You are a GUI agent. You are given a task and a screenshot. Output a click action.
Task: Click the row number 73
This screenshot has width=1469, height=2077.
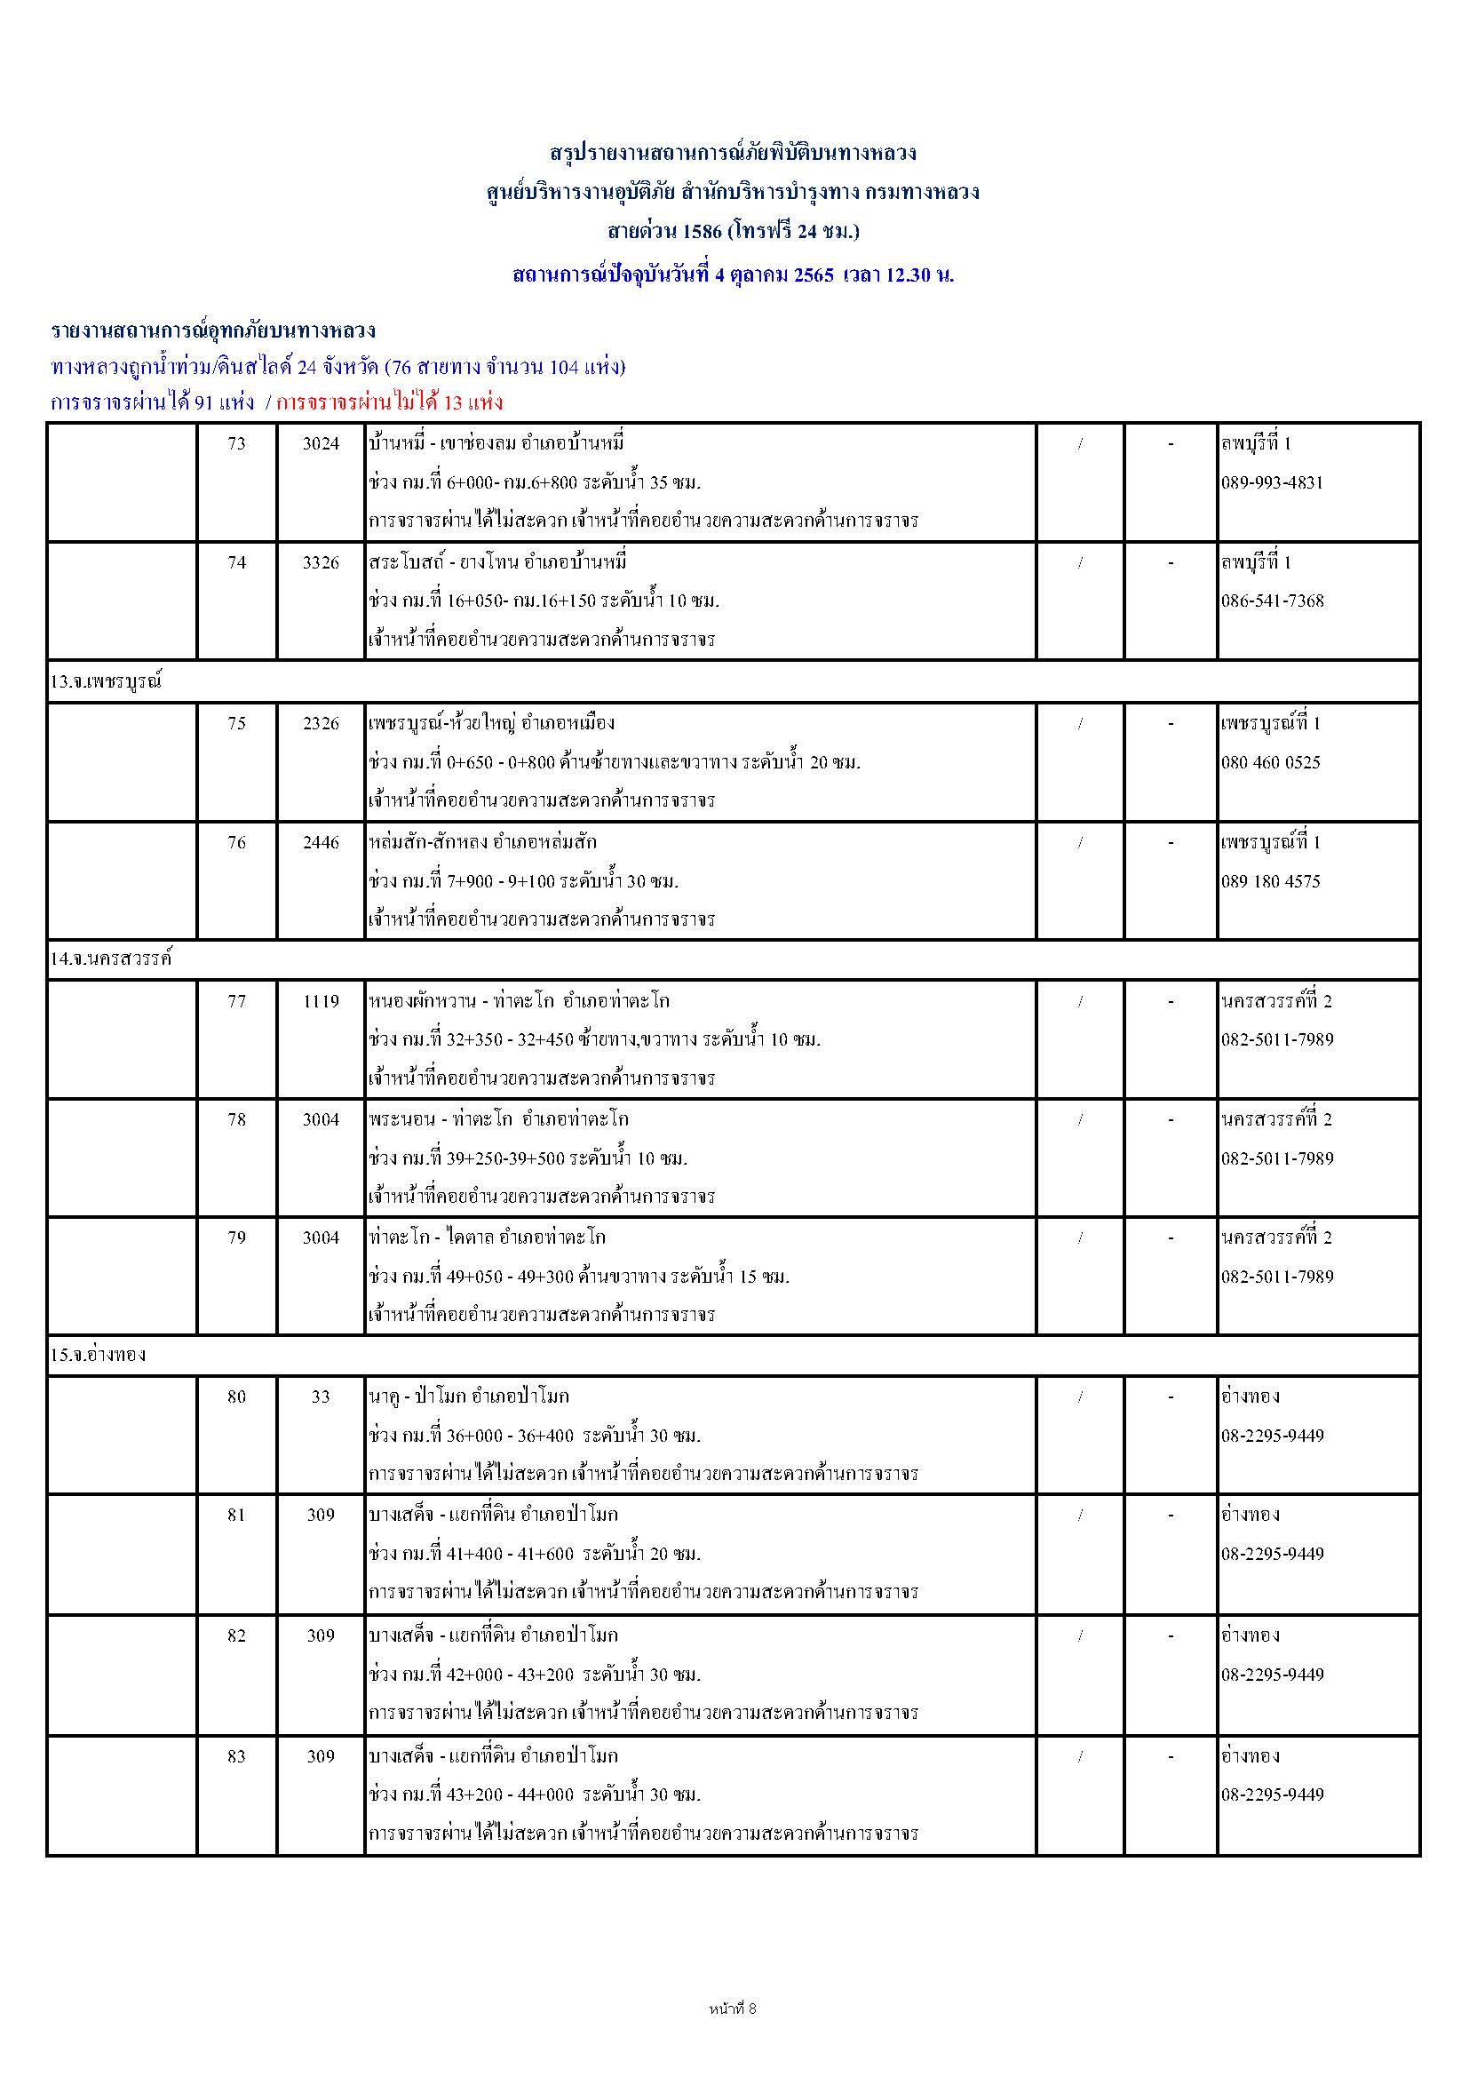[x=236, y=443]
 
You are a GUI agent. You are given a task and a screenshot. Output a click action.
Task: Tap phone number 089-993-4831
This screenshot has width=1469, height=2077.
[x=1272, y=482]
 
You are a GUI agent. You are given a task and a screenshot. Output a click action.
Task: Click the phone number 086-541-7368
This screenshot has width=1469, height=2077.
[x=1272, y=601]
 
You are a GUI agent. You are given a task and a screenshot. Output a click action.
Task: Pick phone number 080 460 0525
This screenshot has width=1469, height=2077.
[x=1270, y=761]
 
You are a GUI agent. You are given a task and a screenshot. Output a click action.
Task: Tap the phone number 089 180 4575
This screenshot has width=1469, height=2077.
[x=1270, y=881]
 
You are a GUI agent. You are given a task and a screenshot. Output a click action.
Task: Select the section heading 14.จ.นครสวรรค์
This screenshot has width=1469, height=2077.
[x=110, y=959]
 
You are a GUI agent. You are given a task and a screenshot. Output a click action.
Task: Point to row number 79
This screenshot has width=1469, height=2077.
[x=236, y=1237]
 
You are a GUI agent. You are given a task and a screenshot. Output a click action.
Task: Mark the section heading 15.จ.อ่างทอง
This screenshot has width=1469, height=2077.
[x=98, y=1355]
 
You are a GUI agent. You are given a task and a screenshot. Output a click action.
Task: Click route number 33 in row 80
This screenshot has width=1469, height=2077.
[x=321, y=1397]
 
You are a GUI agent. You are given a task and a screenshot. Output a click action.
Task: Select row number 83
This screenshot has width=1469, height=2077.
[x=236, y=1757]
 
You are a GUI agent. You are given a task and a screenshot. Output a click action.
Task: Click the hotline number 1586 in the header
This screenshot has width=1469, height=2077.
[x=702, y=232]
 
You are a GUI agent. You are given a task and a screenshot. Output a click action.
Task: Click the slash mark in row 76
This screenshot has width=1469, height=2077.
[x=1080, y=842]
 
